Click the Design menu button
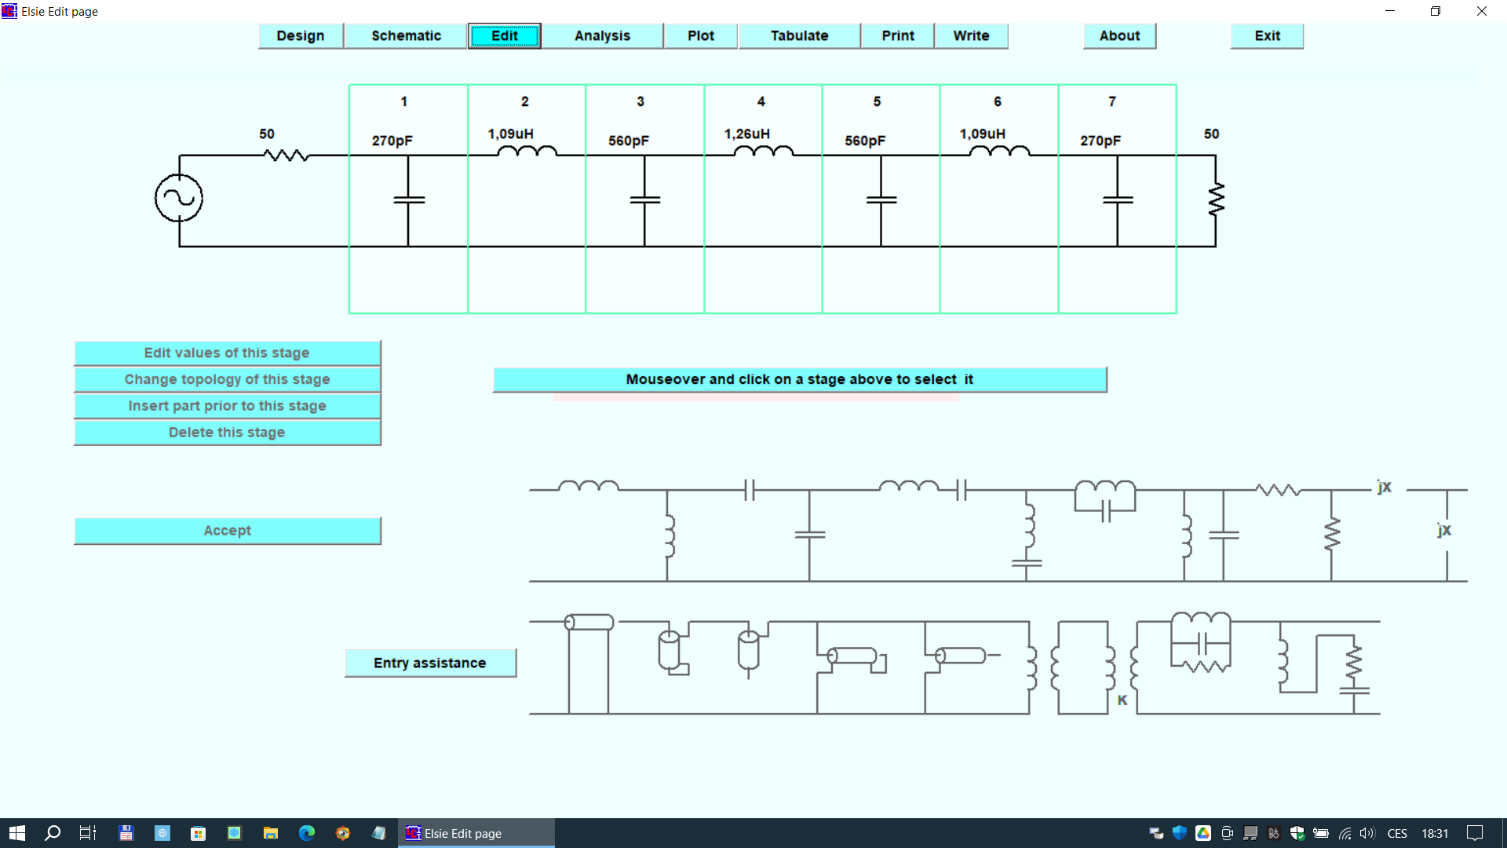pyautogui.click(x=301, y=36)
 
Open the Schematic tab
pyautogui.click(x=406, y=36)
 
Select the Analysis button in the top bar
pyautogui.click(x=602, y=36)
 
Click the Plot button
pyautogui.click(x=700, y=36)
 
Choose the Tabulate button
pyautogui.click(x=799, y=36)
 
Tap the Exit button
pyautogui.click(x=1267, y=36)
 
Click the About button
pyautogui.click(x=1119, y=36)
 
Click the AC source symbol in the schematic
pyautogui.click(x=179, y=199)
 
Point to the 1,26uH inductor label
pyautogui.click(x=746, y=134)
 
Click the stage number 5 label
pyautogui.click(x=877, y=102)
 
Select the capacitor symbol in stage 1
pyautogui.click(x=408, y=200)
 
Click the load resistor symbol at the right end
pyautogui.click(x=1216, y=199)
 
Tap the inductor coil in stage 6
pyautogui.click(x=999, y=151)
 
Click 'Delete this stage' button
pyautogui.click(x=227, y=433)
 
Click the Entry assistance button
pyautogui.click(x=430, y=663)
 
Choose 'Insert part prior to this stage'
pyautogui.click(x=227, y=406)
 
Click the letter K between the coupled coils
pyautogui.click(x=1122, y=700)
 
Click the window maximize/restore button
pyautogui.click(x=1436, y=12)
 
